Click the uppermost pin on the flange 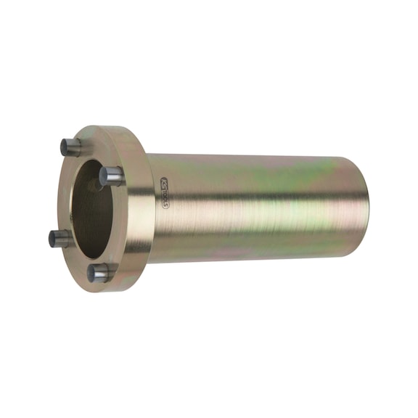pyautogui.click(x=70, y=147)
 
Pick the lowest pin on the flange pyautogui.click(x=99, y=273)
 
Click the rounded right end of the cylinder pyautogui.click(x=361, y=210)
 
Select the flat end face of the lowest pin pyautogui.click(x=93, y=273)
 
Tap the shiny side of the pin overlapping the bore pyautogui.click(x=115, y=176)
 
